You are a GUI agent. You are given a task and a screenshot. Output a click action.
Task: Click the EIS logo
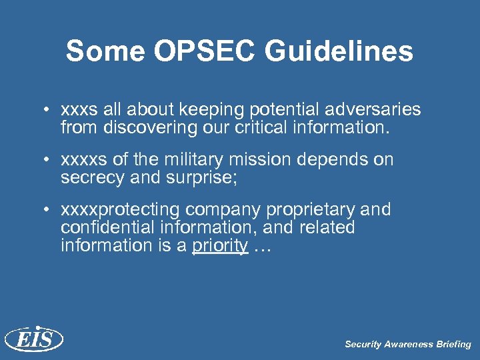click(x=33, y=339)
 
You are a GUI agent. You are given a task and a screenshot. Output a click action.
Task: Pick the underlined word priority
click(x=220, y=246)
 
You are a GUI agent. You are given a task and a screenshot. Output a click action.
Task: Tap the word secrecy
click(x=88, y=178)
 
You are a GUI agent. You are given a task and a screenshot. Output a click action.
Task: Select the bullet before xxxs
click(x=47, y=109)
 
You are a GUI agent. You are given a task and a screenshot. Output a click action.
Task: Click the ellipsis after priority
click(x=263, y=246)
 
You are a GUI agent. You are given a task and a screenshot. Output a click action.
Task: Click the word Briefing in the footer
click(x=453, y=345)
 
